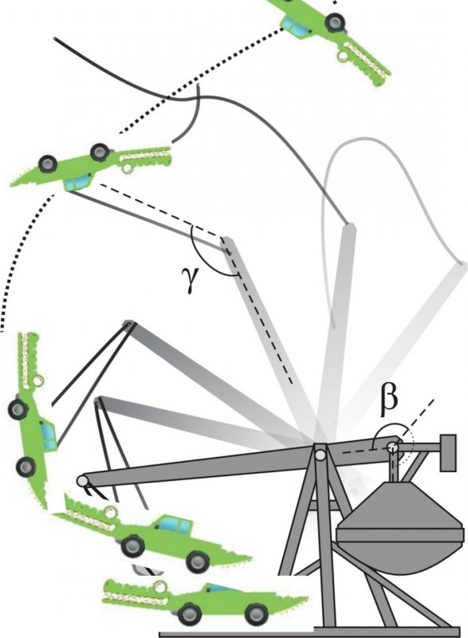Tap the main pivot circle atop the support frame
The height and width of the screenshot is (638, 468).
[320, 454]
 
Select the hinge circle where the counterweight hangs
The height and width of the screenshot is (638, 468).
[392, 447]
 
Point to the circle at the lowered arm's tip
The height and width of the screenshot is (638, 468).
[83, 481]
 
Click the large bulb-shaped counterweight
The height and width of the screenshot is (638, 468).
[399, 528]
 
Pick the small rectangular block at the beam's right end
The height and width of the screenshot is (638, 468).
[448, 453]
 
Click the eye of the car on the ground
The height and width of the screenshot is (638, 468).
[161, 587]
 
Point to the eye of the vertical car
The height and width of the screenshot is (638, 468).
[38, 381]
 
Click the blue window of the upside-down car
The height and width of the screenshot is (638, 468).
[77, 183]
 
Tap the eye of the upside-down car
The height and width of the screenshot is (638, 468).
[127, 167]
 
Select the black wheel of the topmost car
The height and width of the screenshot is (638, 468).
[335, 22]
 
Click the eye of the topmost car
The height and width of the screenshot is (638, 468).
[342, 55]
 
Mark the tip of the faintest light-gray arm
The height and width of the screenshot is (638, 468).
[462, 264]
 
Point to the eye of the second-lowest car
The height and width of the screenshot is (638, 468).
[109, 512]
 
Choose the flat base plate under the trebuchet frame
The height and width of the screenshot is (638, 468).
[310, 634]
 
